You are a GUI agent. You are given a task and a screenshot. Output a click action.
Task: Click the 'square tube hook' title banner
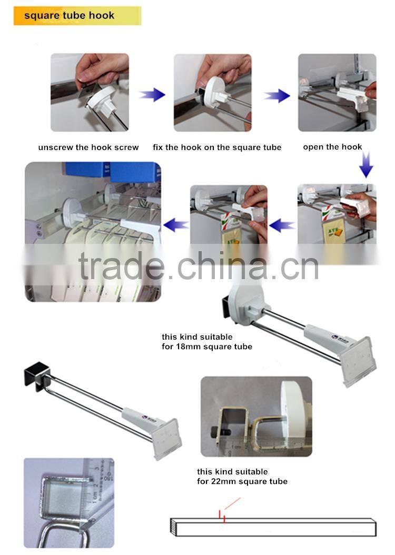click(77, 16)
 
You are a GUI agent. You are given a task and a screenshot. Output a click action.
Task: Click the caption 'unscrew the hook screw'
click(88, 147)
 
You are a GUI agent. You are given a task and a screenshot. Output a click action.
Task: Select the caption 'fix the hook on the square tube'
click(217, 147)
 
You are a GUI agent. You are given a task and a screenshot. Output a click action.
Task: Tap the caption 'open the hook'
click(332, 147)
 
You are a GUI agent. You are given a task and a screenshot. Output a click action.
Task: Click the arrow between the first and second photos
click(152, 95)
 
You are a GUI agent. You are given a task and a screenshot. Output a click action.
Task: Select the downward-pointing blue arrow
click(366, 167)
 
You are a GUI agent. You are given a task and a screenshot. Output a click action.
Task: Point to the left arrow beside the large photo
click(176, 225)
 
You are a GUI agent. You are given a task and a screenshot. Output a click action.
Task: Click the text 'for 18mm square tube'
click(206, 346)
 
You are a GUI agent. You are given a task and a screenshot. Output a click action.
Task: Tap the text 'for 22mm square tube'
click(242, 481)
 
